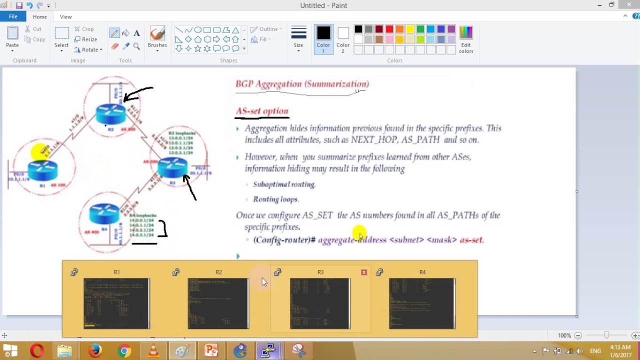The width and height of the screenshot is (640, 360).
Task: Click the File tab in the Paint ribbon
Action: click(13, 16)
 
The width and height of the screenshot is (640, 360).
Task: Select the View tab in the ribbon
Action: click(65, 16)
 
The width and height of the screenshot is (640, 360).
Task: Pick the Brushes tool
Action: click(157, 37)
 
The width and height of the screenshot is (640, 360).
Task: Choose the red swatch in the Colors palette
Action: click(389, 29)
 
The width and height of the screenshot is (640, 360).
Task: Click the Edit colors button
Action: click(465, 39)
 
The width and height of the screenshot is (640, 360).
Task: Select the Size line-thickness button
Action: click(298, 37)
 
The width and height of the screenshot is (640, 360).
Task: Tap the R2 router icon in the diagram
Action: click(111, 114)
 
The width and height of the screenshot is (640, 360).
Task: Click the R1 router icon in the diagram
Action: click(42, 170)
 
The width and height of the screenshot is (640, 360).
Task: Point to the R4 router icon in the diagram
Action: click(104, 214)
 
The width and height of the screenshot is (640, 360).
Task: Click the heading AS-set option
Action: click(262, 111)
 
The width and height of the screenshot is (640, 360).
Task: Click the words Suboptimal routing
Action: click(284, 184)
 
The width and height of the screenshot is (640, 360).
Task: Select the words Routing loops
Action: click(275, 199)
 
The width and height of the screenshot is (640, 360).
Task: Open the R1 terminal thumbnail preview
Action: click(116, 303)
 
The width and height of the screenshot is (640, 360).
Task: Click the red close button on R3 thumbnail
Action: click(364, 272)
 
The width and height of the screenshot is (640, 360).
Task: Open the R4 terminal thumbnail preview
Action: click(422, 303)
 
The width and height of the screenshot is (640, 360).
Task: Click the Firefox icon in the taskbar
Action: click(94, 351)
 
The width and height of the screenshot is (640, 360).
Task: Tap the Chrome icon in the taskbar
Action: click(124, 351)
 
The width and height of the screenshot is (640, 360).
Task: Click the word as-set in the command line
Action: click(471, 240)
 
